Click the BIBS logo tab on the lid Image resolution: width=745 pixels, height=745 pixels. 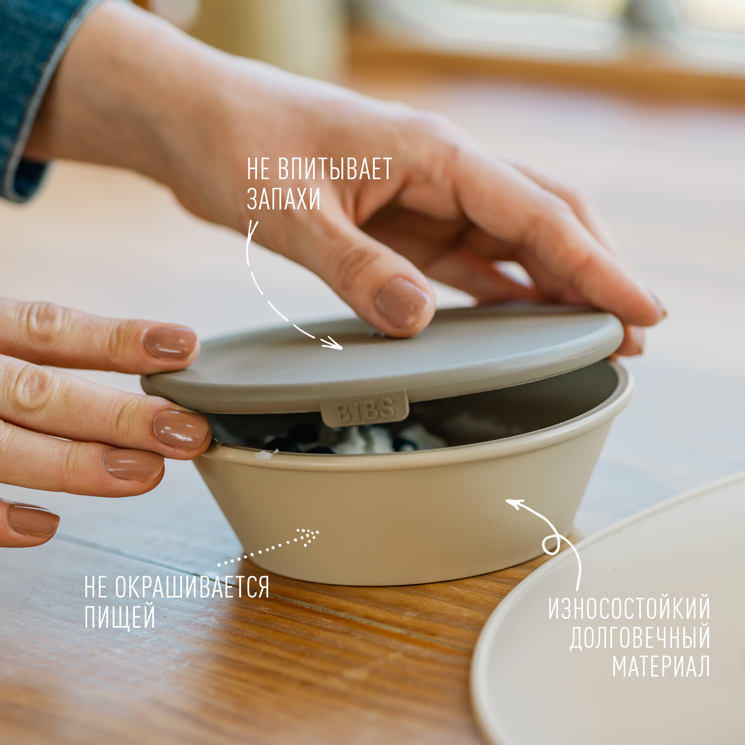[x=364, y=408]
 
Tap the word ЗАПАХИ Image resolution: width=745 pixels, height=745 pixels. [x=283, y=199]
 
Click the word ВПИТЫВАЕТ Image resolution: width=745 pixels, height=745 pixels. [x=335, y=168]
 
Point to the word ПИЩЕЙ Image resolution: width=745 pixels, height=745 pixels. [x=120, y=617]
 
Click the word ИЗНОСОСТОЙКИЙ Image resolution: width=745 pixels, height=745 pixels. [x=629, y=608]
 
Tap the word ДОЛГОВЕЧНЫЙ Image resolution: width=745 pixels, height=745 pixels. [x=640, y=637]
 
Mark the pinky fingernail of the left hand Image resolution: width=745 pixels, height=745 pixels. [x=33, y=522]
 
